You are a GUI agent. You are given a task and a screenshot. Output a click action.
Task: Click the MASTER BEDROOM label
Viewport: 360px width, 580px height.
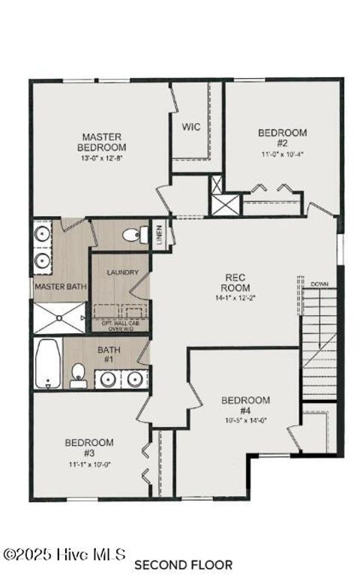(102, 142)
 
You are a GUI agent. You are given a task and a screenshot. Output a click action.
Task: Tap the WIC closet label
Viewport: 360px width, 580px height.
(190, 127)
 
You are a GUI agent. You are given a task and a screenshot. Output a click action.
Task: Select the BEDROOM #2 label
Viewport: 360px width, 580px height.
(282, 137)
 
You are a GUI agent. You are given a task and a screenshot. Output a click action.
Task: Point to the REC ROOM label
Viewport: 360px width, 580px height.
(234, 282)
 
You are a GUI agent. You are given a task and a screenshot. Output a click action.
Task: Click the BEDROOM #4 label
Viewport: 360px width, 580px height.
(245, 405)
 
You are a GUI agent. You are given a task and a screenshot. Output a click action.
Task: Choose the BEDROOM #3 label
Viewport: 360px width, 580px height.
(88, 447)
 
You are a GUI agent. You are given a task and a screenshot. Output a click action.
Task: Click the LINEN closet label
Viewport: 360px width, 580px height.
(159, 233)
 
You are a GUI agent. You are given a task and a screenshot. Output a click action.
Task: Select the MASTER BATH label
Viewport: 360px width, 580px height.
(61, 287)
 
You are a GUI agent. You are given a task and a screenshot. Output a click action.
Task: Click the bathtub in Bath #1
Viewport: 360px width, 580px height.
(47, 364)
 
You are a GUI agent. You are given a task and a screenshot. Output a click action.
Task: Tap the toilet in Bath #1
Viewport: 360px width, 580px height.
(78, 374)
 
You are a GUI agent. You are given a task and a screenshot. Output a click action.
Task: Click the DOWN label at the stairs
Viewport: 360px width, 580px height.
(319, 284)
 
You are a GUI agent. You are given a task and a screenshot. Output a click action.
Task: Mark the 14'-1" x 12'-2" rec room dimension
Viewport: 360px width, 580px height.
(234, 298)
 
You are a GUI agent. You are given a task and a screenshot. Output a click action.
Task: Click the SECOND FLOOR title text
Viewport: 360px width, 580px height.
(184, 564)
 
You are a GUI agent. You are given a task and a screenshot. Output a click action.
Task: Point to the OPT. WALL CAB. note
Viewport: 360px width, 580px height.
(120, 324)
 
